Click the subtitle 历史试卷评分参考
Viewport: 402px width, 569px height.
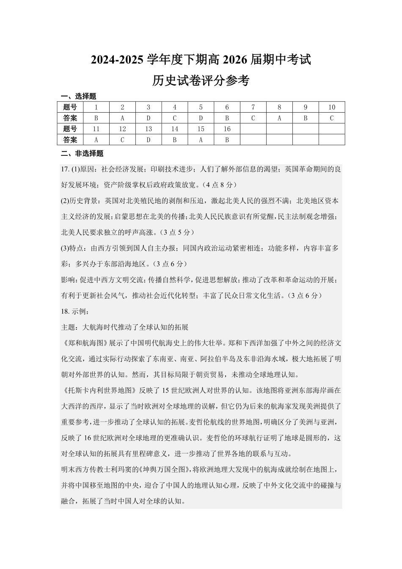coord(201,80)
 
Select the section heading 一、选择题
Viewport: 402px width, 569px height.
coord(78,96)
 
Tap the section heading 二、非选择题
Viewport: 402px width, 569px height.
coord(82,153)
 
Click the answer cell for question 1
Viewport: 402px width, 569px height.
coord(96,118)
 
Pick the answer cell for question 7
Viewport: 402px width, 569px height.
coord(253,118)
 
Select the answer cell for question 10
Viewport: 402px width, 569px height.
coord(332,118)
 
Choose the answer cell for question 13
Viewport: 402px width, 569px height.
coord(149,140)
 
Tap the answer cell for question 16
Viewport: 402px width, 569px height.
coord(227,140)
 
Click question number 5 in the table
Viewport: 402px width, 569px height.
coord(201,107)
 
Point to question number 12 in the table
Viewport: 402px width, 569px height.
coord(122,129)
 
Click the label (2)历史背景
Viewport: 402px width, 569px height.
coord(80,201)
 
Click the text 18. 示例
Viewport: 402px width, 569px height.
coord(75,312)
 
